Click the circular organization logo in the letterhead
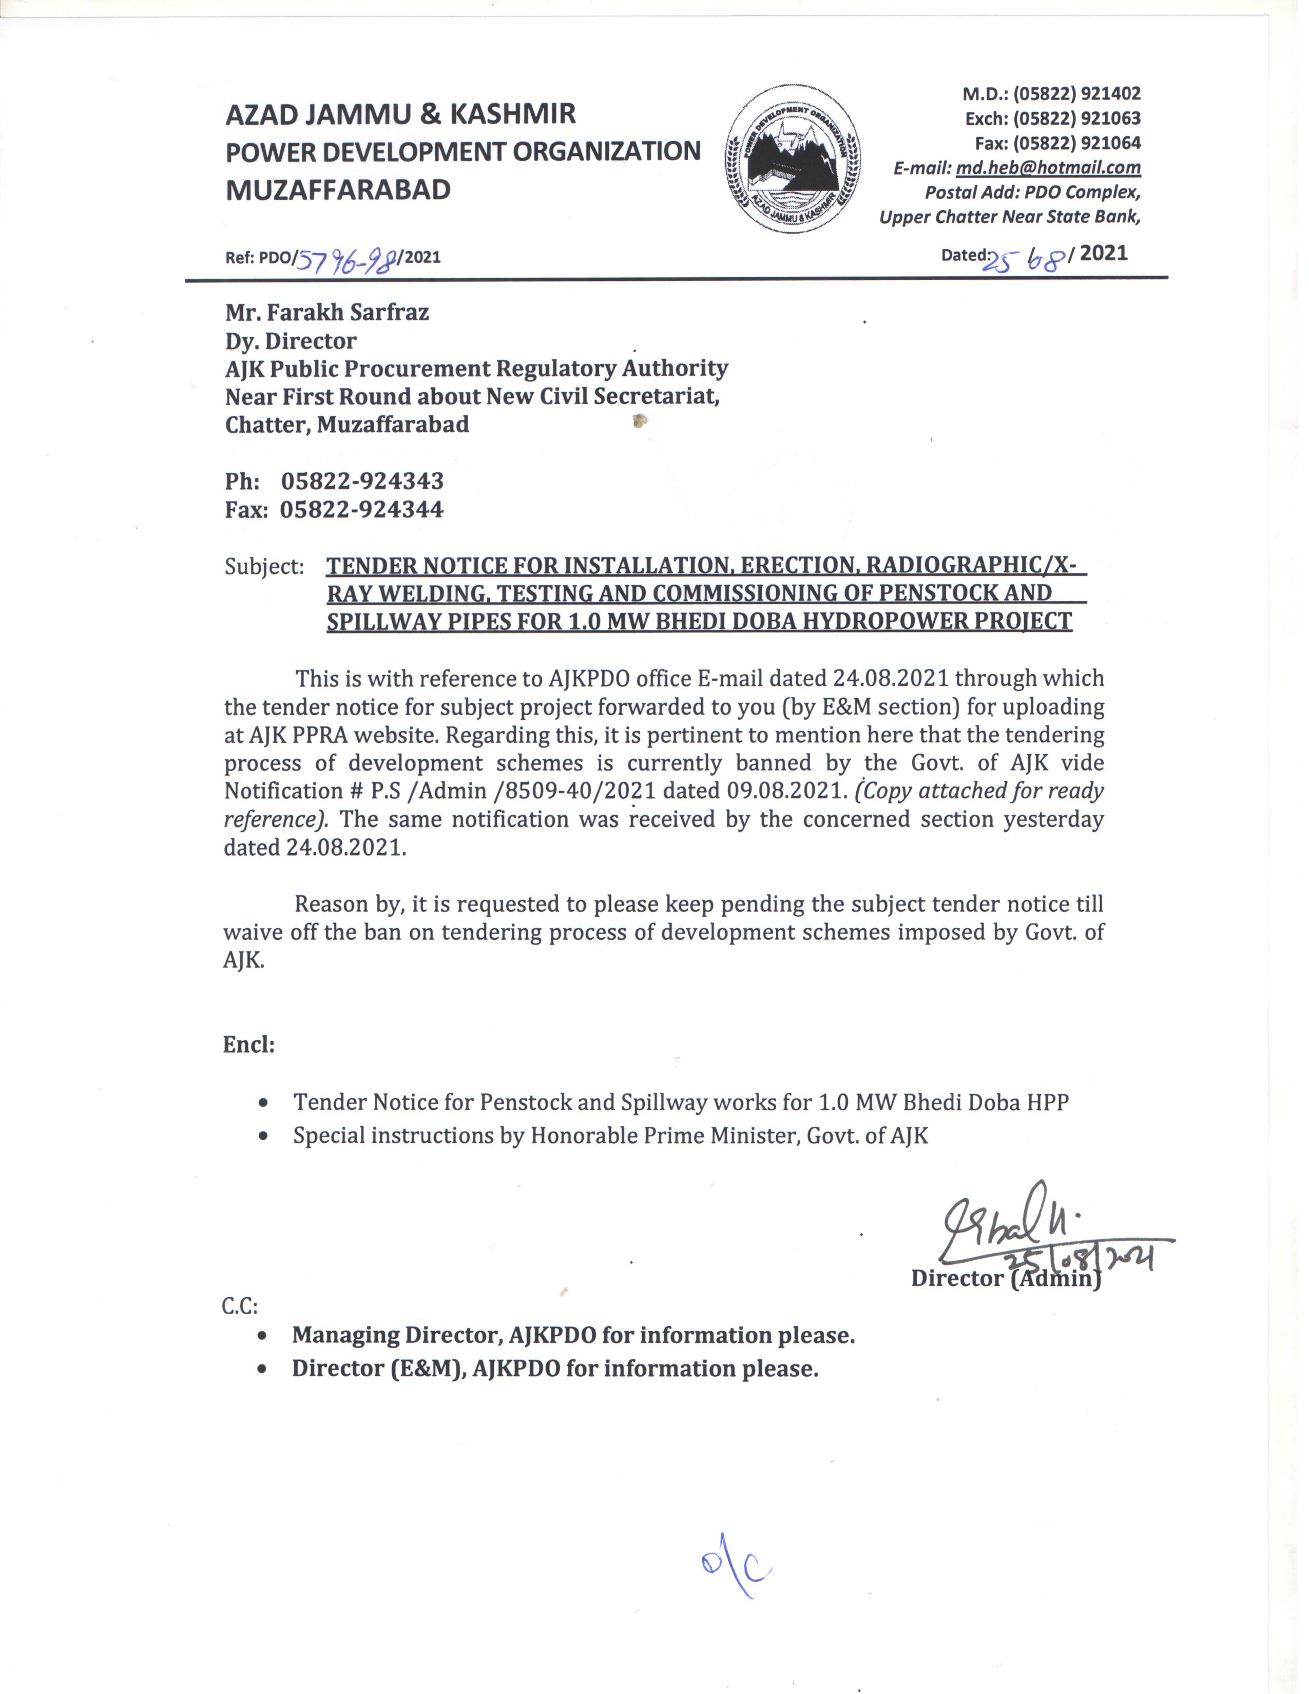pyautogui.click(x=793, y=159)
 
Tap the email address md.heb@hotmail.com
pyautogui.click(x=1048, y=167)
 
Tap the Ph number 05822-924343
pyautogui.click(x=362, y=481)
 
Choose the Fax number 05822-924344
pyautogui.click(x=361, y=510)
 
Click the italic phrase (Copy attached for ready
pyautogui.click(x=978, y=791)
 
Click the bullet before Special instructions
pyautogui.click(x=265, y=1137)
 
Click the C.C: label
pyautogui.click(x=240, y=1306)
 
